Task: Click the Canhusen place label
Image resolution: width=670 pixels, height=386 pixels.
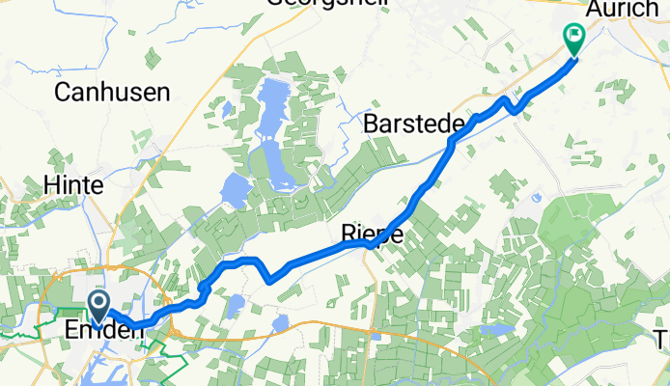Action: click(x=113, y=93)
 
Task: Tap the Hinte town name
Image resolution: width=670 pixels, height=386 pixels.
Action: click(x=72, y=183)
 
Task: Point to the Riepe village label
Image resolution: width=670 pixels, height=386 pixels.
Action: click(x=372, y=234)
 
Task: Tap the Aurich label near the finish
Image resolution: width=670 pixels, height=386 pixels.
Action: click(x=629, y=9)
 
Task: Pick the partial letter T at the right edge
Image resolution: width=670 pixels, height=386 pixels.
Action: click(x=662, y=339)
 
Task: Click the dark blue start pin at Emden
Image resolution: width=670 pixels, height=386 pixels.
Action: click(x=99, y=307)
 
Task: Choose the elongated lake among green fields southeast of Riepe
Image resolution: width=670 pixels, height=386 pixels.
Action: click(x=498, y=330)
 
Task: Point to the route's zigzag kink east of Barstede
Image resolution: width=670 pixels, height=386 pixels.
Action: click(x=510, y=104)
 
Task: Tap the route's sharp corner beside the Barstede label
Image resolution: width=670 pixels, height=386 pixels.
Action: click(x=452, y=142)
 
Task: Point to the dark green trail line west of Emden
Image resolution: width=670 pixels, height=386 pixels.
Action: click(x=19, y=334)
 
